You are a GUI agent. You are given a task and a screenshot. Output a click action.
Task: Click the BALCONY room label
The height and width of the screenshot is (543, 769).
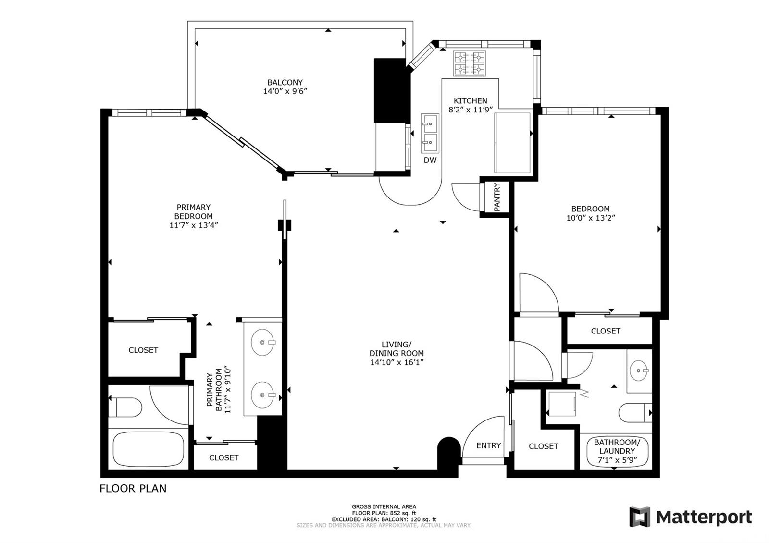tap(285, 82)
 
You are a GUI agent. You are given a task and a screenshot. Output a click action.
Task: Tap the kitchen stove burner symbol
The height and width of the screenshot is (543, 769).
tap(469, 63)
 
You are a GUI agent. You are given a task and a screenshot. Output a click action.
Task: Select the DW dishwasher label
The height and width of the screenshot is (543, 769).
tap(430, 160)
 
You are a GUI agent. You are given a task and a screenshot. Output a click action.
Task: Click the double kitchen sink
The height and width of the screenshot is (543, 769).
tap(430, 133)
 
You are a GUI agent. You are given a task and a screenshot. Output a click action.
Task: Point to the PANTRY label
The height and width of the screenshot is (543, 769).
tap(497, 197)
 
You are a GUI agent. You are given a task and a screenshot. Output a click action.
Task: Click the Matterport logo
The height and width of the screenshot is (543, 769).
tap(690, 517)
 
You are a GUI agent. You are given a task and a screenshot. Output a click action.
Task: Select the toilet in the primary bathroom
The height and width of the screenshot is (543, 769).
tap(125, 407)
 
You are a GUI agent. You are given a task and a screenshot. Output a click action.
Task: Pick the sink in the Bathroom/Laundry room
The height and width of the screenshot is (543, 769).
tap(639, 370)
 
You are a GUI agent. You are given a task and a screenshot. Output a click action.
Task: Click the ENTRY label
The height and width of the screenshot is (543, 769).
tap(488, 445)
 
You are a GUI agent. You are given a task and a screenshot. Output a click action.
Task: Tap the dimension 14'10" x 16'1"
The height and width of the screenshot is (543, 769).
tap(397, 362)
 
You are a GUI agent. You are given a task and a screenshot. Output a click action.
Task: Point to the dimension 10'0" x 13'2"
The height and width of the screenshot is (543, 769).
tap(591, 218)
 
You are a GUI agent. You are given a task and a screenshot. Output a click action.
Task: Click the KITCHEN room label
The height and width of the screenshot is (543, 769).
tap(471, 100)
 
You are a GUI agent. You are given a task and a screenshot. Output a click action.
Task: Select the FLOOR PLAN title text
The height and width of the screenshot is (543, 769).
tap(133, 488)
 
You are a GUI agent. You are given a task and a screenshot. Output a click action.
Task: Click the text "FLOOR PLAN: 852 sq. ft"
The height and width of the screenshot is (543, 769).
tap(384, 513)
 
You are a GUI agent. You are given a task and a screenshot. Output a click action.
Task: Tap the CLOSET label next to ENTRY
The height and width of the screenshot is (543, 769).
tap(544, 446)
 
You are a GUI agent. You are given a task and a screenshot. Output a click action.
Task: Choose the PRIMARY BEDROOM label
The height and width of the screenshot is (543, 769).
tap(193, 212)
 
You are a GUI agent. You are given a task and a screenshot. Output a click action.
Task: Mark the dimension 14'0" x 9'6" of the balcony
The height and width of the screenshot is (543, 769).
tap(285, 91)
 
